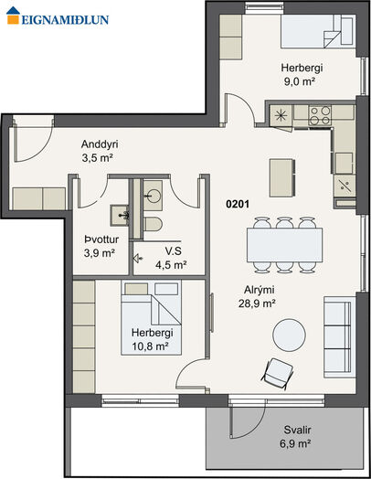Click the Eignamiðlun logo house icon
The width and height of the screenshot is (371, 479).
pyautogui.click(x=13, y=16)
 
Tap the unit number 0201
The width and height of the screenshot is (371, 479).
pyautogui.click(x=238, y=204)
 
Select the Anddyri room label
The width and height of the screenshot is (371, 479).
pyautogui.click(x=100, y=144)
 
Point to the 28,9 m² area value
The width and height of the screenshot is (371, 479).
pyautogui.click(x=257, y=303)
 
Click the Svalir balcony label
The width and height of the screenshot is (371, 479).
pyautogui.click(x=297, y=431)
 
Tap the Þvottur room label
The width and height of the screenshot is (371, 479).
pyautogui.click(x=101, y=239)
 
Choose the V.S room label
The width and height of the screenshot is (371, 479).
pyautogui.click(x=173, y=251)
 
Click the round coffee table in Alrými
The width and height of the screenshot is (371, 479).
pyautogui.click(x=289, y=335)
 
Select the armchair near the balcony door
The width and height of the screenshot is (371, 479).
pyautogui.click(x=277, y=374)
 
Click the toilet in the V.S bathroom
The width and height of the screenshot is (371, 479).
pyautogui.click(x=153, y=225)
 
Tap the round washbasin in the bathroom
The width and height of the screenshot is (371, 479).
pyautogui.click(x=153, y=196)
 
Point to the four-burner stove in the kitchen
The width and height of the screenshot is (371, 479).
pyautogui.click(x=320, y=115)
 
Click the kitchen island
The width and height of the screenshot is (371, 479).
pyautogui.click(x=282, y=177)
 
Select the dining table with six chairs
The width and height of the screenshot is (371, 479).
pyautogui.click(x=284, y=245)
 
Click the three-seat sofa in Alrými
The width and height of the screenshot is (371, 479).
pyautogui.click(x=338, y=337)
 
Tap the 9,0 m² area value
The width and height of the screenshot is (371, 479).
pyautogui.click(x=299, y=82)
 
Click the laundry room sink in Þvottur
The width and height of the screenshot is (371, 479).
pyautogui.click(x=120, y=216)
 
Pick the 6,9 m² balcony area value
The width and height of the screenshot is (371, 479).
pyautogui.click(x=295, y=443)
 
